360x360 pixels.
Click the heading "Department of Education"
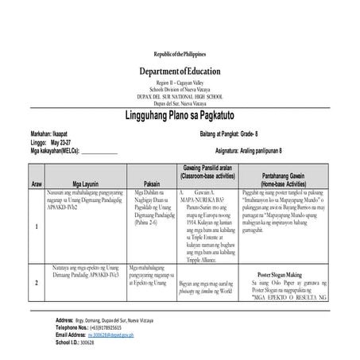pos(180,72)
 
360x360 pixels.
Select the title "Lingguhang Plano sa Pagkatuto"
pos(180,115)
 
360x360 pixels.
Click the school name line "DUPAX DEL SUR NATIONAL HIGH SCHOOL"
pos(180,97)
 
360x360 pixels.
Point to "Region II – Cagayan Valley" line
pos(180,83)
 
